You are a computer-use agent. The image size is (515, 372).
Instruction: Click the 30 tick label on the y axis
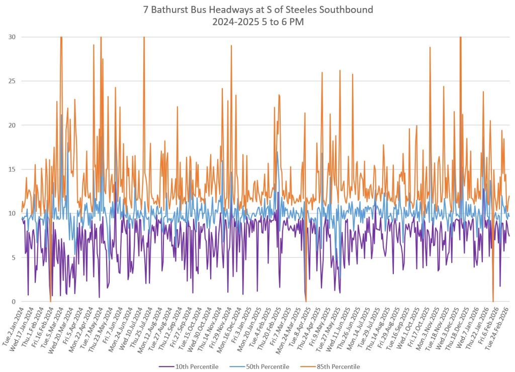click(11, 37)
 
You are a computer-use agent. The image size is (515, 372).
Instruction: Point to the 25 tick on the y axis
click(11, 81)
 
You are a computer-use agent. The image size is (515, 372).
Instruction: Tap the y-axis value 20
click(11, 125)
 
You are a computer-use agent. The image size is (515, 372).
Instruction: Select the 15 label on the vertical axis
click(11, 169)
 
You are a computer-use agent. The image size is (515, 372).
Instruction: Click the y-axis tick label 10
click(11, 213)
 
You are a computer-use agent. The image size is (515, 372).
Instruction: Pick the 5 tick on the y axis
click(13, 258)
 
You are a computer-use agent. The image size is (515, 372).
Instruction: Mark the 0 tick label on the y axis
click(13, 302)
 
